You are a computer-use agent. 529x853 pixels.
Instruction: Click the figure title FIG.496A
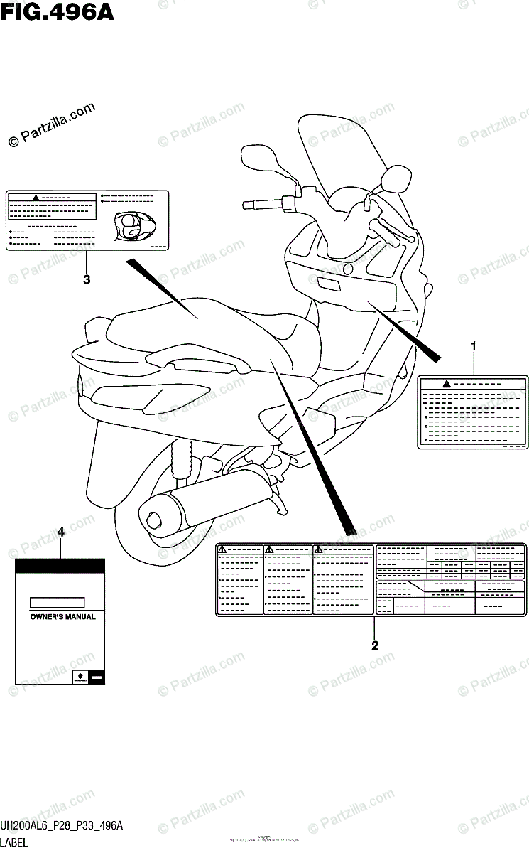[57, 12]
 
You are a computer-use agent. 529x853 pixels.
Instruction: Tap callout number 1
[474, 346]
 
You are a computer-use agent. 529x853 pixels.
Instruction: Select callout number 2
[374, 645]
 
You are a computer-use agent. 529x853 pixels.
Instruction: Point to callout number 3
[87, 279]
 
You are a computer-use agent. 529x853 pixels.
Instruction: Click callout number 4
[61, 532]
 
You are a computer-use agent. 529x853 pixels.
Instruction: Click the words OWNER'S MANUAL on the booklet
[62, 617]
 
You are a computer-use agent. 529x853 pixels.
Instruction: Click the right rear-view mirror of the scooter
[396, 178]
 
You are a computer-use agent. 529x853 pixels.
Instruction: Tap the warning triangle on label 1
[446, 384]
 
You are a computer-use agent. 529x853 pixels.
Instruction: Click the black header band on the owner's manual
[60, 566]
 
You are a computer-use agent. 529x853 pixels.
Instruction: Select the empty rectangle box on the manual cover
[58, 602]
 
